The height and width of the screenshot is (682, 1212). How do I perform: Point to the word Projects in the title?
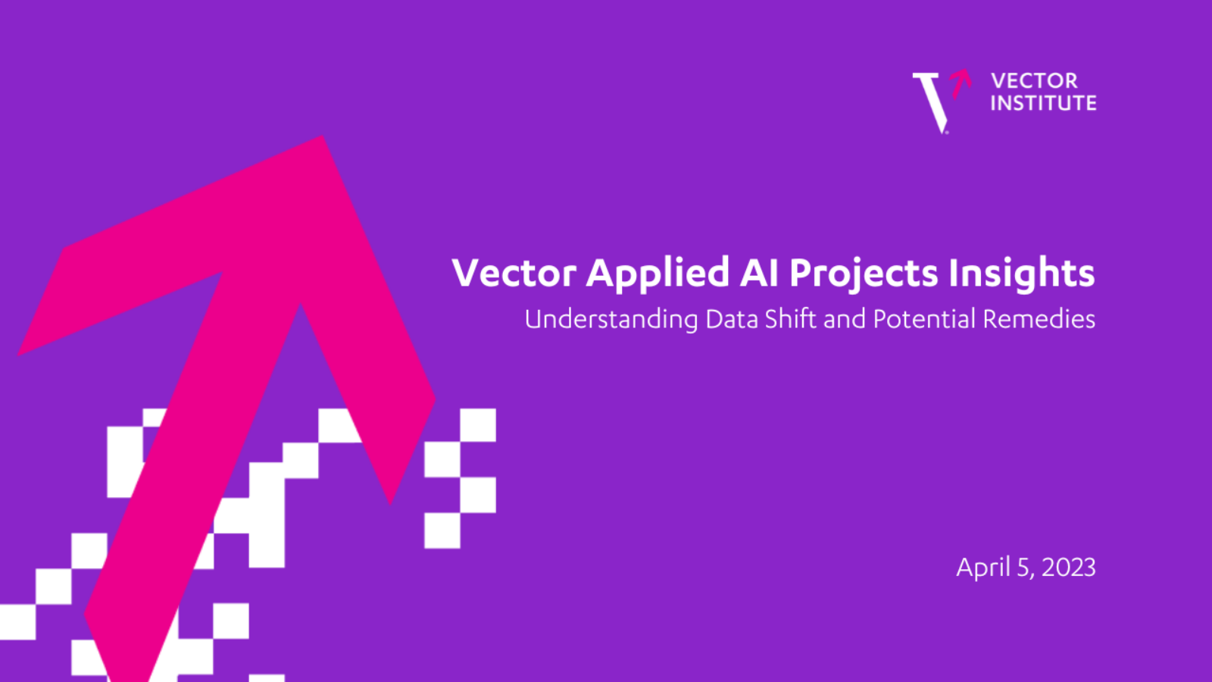(x=864, y=274)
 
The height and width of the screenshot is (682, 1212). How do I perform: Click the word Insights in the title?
(x=1022, y=274)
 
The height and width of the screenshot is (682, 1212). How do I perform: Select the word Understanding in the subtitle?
(x=611, y=320)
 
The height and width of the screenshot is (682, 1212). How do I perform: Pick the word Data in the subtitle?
(x=731, y=319)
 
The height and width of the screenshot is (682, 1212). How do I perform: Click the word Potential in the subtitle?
(x=924, y=318)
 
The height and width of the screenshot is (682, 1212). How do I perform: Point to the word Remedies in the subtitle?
(x=1039, y=318)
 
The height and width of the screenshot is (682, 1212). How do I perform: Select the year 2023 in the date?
(x=1069, y=568)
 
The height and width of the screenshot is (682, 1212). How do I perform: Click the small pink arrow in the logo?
(x=961, y=83)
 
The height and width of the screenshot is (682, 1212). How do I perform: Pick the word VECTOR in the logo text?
(x=1035, y=81)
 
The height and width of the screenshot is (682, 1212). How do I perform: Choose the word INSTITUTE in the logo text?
(x=1044, y=103)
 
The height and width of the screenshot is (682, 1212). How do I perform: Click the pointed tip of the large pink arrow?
(x=323, y=136)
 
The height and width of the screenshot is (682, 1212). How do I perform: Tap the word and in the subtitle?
(x=845, y=319)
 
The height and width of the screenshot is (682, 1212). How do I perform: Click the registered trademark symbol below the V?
(x=947, y=132)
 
